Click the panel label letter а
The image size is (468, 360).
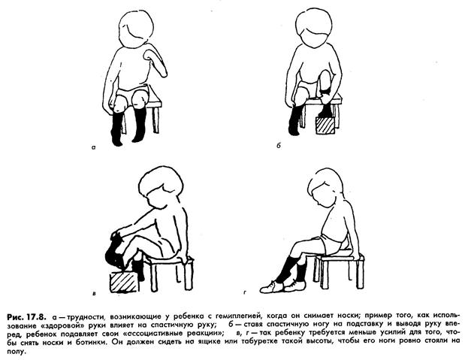point(94,147)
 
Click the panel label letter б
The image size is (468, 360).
point(279,146)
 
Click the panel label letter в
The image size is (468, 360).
point(95,293)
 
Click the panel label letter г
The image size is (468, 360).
point(245,293)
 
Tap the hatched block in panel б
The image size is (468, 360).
point(325,126)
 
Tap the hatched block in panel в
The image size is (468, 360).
point(124,282)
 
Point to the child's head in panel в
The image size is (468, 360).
point(157,186)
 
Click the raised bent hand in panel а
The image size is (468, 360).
point(155,63)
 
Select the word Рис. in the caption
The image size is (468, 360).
point(15,316)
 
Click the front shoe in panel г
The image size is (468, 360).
point(271,287)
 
